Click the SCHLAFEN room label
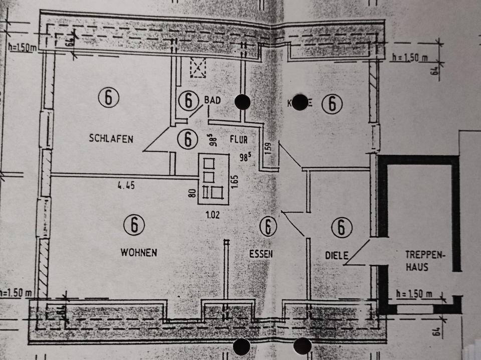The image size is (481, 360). (x=111, y=139)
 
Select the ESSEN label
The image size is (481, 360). (x=261, y=254)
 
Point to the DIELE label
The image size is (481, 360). (x=336, y=255)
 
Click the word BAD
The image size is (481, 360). (x=212, y=100)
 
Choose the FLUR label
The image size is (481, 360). (x=239, y=138)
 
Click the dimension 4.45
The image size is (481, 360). (x=126, y=186)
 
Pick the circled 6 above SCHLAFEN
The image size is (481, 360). (x=109, y=97)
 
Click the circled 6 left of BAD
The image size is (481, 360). (x=188, y=101)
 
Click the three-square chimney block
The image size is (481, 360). (x=214, y=178)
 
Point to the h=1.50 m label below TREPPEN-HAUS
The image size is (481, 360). (x=414, y=293)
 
